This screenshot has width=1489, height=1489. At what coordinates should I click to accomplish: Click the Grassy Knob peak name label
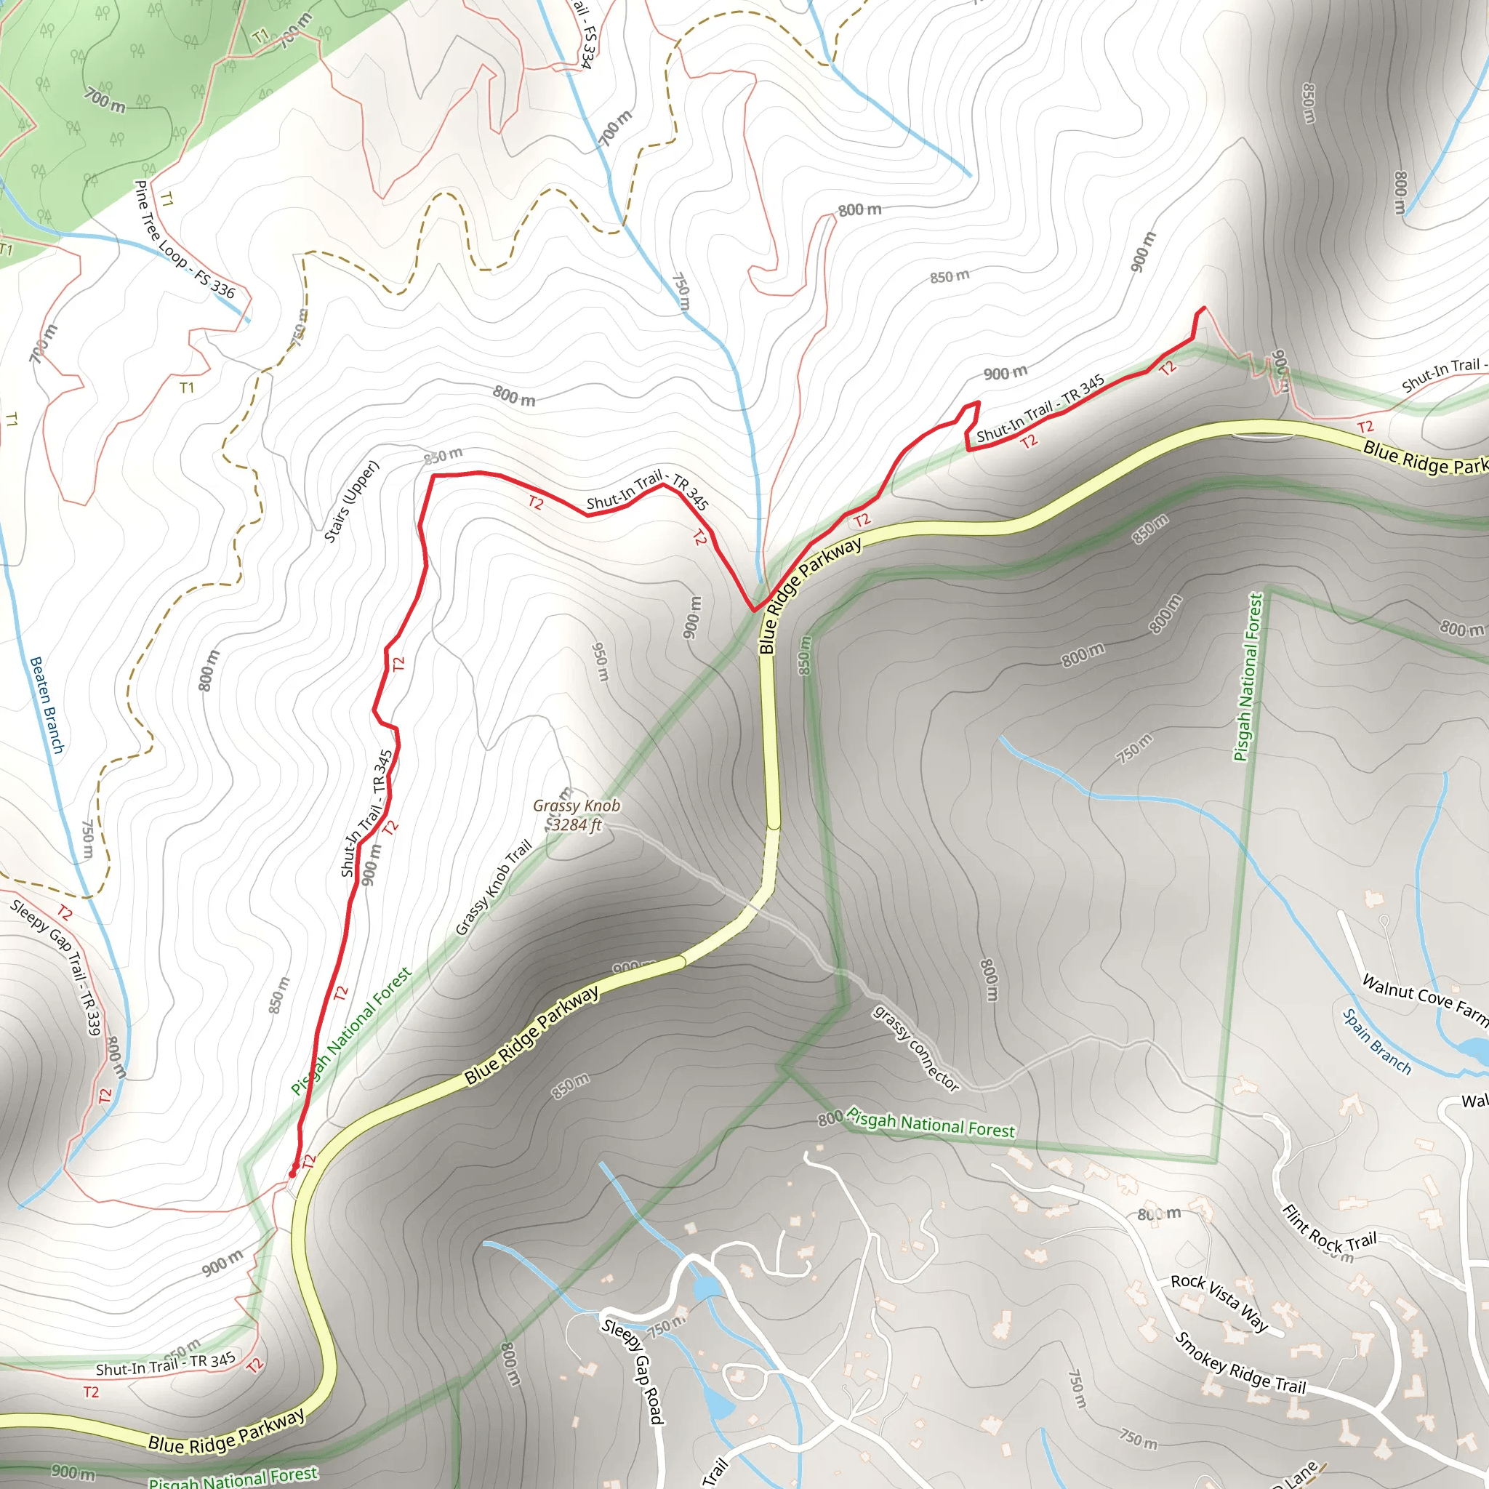[x=577, y=806]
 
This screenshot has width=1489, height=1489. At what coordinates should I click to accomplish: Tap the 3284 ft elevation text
[x=577, y=824]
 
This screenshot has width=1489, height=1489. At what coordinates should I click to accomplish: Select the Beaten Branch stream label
[x=47, y=705]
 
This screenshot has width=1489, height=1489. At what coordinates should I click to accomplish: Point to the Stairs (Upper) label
[x=351, y=502]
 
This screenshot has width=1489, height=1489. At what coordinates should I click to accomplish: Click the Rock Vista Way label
[x=1219, y=1302]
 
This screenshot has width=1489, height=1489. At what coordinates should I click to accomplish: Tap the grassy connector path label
[x=916, y=1048]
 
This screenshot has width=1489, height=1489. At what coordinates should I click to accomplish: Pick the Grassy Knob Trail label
[x=493, y=888]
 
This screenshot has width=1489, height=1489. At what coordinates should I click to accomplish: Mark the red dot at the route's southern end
[x=292, y=1173]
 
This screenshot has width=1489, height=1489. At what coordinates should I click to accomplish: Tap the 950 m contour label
[x=601, y=662]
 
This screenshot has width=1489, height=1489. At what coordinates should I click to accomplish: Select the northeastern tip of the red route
[x=1203, y=308]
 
